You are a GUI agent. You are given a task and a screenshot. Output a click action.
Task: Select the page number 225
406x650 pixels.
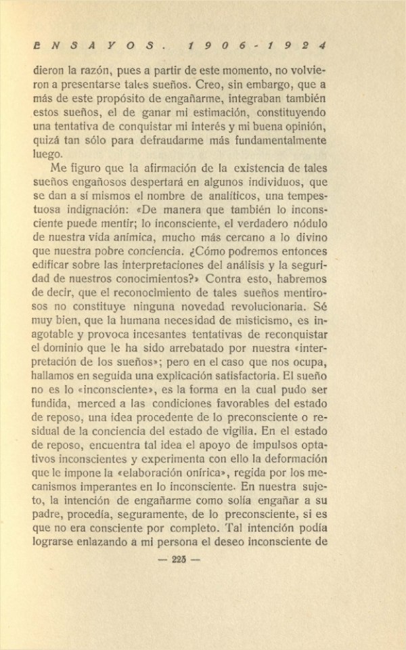click(x=179, y=559)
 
